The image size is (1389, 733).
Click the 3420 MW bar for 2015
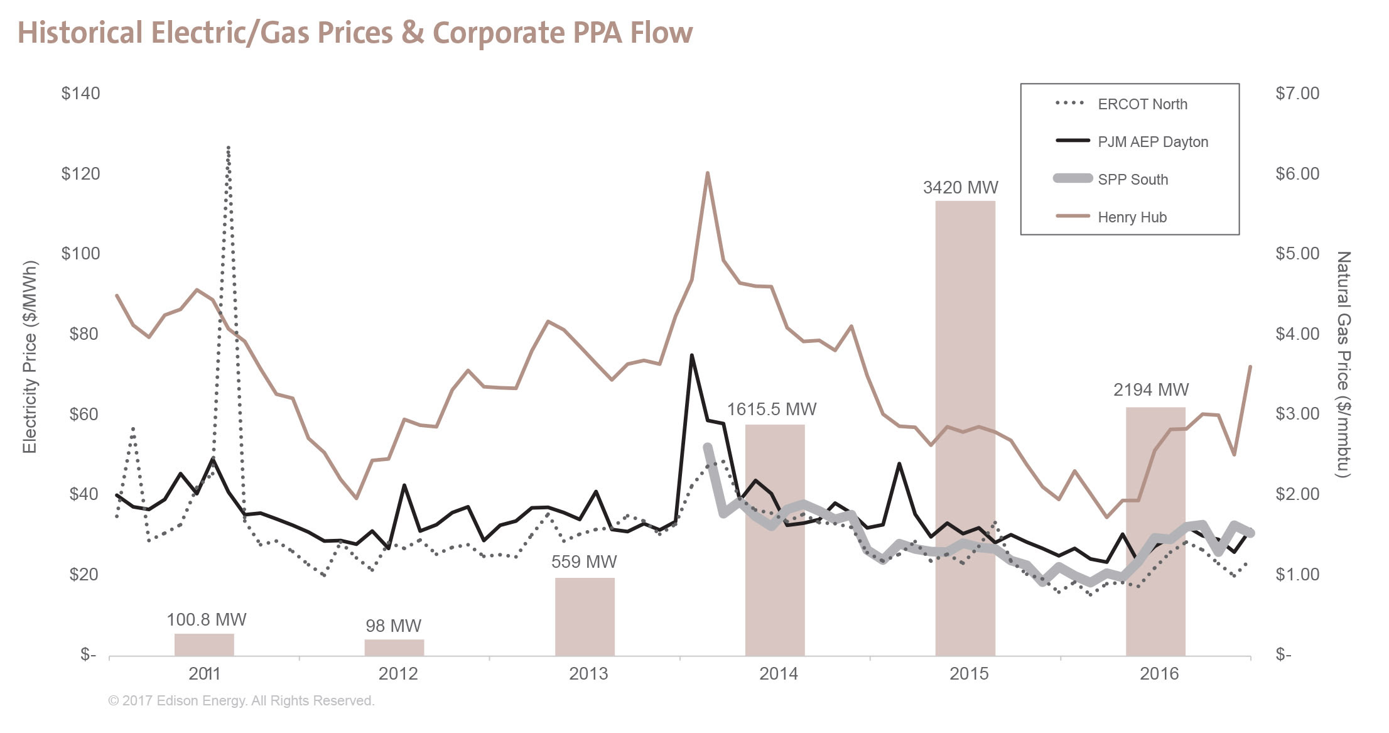(965, 427)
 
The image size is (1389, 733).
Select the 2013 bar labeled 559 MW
(584, 617)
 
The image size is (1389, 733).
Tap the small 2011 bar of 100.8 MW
(204, 644)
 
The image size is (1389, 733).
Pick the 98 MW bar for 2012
(394, 648)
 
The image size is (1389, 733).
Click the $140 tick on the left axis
(80, 94)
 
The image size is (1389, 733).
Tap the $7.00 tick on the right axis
(1297, 94)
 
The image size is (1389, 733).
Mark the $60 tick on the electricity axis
(84, 414)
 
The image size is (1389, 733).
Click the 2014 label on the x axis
(778, 674)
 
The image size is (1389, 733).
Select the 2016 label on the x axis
(1159, 674)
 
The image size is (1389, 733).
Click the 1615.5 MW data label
(771, 410)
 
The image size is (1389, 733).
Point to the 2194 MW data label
(1150, 390)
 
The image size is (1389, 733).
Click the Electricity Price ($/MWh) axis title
(30, 357)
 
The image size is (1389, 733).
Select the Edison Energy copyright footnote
(241, 700)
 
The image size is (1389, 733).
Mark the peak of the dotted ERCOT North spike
(228, 148)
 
